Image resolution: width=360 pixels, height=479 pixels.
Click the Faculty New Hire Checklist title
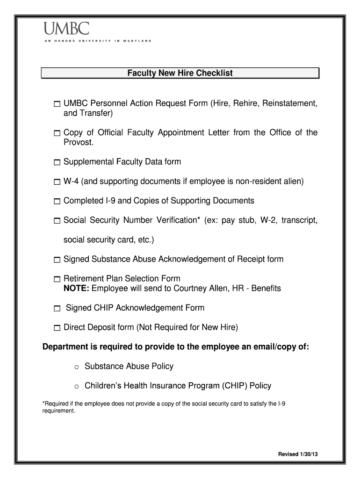[x=180, y=73]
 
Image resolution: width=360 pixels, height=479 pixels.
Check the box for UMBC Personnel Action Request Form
[x=57, y=104]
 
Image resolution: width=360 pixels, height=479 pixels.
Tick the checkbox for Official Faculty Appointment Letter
[x=57, y=134]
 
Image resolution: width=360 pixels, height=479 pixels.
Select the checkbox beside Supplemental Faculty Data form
[x=57, y=162]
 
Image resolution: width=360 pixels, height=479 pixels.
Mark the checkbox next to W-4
[x=57, y=182]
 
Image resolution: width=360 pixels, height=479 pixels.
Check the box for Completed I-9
[x=57, y=202]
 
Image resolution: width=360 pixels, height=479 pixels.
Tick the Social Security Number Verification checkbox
[x=57, y=221]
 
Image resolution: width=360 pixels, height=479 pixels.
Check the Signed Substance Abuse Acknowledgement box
[x=57, y=260]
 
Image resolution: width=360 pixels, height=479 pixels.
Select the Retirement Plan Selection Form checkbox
[x=57, y=279]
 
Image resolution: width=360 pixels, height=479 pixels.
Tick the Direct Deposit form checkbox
[x=57, y=328]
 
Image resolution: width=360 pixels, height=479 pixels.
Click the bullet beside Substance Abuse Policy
[x=77, y=367]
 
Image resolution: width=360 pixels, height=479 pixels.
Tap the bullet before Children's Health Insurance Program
[x=77, y=387]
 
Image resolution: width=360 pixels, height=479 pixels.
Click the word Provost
[x=78, y=142]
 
